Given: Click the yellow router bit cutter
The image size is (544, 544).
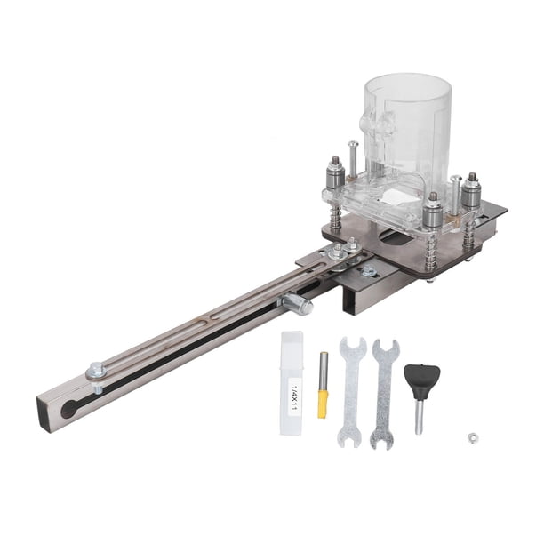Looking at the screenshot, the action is pos(323,404).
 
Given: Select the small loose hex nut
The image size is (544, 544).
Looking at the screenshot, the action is pos(472,438).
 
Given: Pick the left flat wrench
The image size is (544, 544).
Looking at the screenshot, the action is pos(352,391).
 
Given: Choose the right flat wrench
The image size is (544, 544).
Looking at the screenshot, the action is pos(384,394).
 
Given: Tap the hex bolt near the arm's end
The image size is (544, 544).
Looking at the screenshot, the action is pos(96,371).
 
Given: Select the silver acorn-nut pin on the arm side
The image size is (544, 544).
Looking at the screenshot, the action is pos(298,304).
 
